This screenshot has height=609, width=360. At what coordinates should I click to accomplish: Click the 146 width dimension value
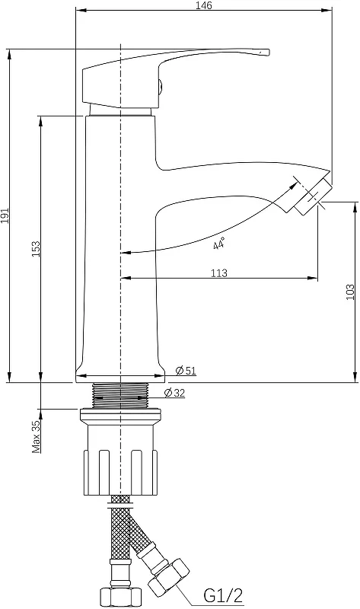pyautogui.click(x=204, y=5)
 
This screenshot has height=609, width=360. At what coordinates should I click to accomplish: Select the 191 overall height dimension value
pyautogui.click(x=5, y=215)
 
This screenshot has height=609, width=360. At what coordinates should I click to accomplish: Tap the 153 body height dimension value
pyautogui.click(x=36, y=249)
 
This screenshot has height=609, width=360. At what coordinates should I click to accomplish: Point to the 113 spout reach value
pyautogui.click(x=219, y=273)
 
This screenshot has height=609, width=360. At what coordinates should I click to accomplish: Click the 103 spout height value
pyautogui.click(x=350, y=292)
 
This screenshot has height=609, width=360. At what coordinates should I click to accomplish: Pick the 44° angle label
pyautogui.click(x=219, y=244)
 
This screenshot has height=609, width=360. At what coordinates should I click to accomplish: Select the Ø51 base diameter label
pyautogui.click(x=186, y=371)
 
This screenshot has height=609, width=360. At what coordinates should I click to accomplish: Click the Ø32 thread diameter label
pyautogui.click(x=174, y=393)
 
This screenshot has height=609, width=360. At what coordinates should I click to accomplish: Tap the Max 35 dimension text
pyautogui.click(x=37, y=436)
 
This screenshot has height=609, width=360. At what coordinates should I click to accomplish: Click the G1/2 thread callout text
pyautogui.click(x=223, y=595)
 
